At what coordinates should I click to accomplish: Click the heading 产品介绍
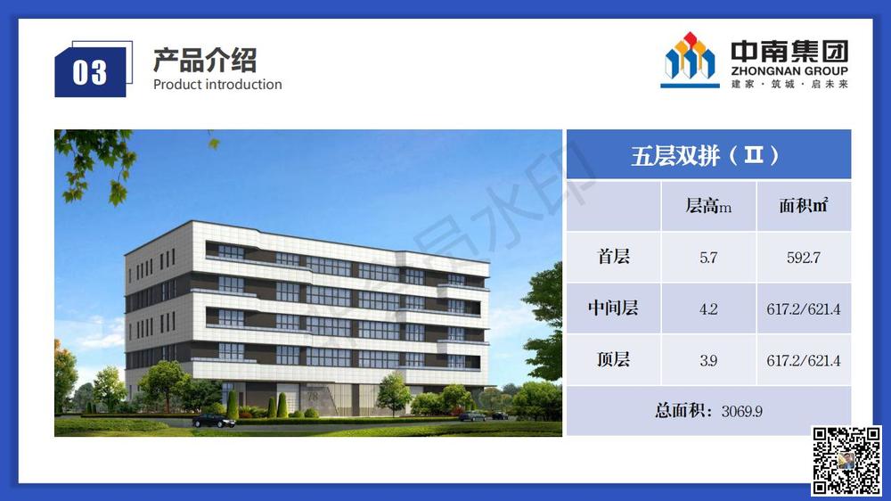[205, 61]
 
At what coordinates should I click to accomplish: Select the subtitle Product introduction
[217, 85]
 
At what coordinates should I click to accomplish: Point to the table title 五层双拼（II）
[707, 155]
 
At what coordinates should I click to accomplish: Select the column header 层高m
[708, 206]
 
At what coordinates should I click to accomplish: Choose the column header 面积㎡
[803, 206]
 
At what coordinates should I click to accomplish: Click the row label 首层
[613, 258]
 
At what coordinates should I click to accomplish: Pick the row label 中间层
[613, 308]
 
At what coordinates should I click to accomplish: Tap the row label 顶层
[613, 360]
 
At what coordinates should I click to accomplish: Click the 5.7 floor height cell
[708, 258]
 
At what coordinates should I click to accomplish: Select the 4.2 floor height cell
[708, 309]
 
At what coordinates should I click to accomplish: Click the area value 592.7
[803, 258]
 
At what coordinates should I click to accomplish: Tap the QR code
[846, 461]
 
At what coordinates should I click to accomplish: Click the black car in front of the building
[214, 420]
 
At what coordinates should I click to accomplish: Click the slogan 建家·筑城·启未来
[789, 84]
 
